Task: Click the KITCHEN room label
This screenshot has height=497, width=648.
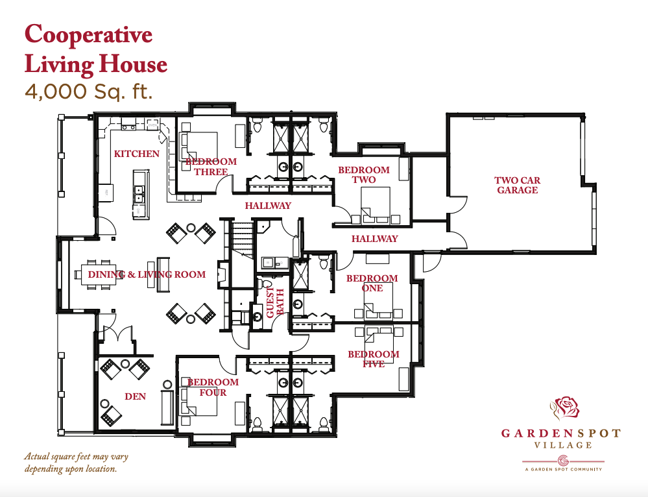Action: [137, 154]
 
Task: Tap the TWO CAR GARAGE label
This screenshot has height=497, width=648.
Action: [518, 185]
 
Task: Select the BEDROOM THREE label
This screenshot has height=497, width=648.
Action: [211, 167]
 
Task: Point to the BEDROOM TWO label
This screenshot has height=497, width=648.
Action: [364, 175]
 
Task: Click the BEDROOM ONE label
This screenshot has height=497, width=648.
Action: [372, 284]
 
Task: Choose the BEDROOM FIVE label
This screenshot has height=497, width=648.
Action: [374, 359]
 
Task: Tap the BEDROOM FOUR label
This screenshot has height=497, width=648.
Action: [213, 387]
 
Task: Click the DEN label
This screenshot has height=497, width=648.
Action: [136, 396]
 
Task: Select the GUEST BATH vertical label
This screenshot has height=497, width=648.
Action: [275, 302]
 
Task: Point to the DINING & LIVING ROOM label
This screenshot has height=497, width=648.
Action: [147, 274]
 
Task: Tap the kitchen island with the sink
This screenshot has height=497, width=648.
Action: [141, 193]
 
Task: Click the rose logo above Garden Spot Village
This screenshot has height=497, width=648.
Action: [565, 407]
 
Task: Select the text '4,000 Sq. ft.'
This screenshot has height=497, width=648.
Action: [89, 91]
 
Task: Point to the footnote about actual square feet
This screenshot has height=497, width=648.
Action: [77, 463]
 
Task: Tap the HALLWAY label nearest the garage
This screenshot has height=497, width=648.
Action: [374, 239]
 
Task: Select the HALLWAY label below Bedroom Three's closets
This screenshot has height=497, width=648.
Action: [268, 206]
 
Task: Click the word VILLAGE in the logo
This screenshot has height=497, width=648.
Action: [563, 445]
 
